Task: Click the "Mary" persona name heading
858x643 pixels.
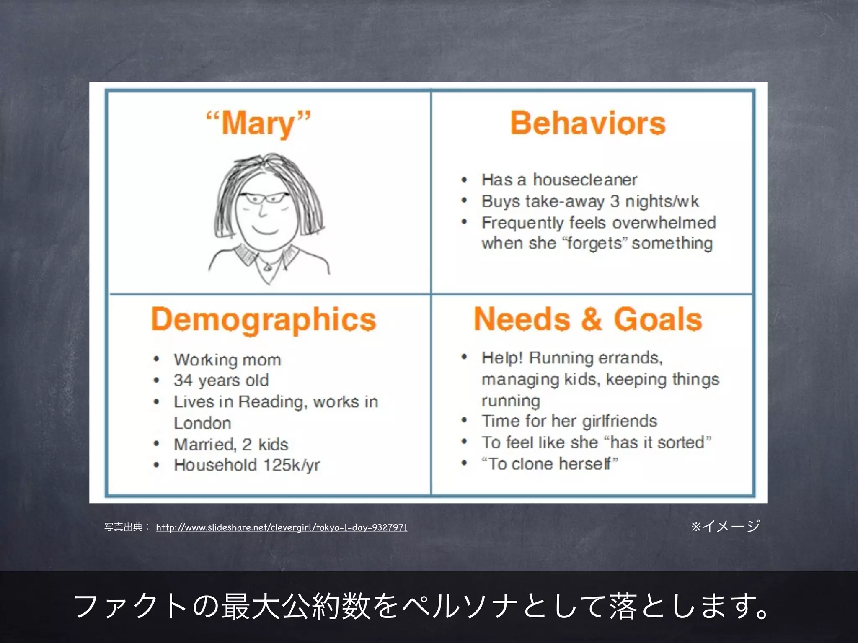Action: point(258,123)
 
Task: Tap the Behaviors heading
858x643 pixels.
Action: point(588,123)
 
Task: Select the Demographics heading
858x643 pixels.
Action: point(264,320)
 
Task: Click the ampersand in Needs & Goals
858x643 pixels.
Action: point(591,319)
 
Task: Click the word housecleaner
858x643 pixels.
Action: point(585,180)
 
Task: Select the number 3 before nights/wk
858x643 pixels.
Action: point(615,201)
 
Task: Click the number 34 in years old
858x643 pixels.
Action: point(183,380)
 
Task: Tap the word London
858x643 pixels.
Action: point(202,423)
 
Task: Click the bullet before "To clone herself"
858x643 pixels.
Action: point(464,463)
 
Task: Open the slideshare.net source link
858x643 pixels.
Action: point(282,527)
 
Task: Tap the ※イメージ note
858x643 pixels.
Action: point(725,526)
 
